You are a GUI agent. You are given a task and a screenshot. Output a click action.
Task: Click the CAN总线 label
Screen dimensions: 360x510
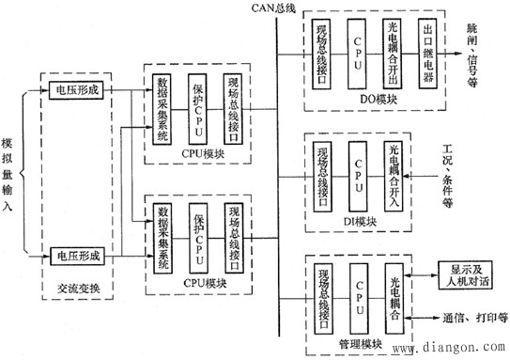coord(275,9)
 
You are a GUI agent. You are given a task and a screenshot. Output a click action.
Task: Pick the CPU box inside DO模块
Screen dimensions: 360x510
coord(357,56)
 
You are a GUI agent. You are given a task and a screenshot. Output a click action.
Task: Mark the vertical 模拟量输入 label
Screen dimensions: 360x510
coord(8,173)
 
